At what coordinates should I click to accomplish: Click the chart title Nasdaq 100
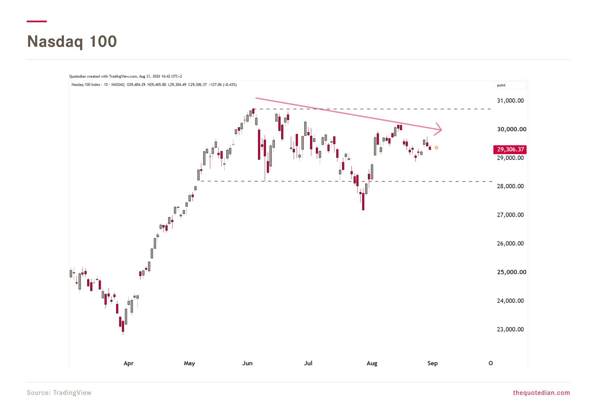point(72,41)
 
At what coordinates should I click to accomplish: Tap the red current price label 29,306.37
point(510,150)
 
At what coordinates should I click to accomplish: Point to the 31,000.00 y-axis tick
point(510,101)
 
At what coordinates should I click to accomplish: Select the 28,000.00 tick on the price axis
point(510,186)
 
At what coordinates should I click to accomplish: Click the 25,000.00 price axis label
point(512,272)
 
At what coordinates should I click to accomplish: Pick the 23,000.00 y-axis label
point(510,329)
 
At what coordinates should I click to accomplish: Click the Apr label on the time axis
point(129,363)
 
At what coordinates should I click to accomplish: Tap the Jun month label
point(247,363)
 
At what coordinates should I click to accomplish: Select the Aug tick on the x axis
point(372,363)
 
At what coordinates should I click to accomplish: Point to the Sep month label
point(433,363)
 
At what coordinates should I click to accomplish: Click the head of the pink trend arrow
point(441,129)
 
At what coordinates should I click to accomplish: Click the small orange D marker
point(436,148)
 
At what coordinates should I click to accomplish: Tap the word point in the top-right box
point(501,85)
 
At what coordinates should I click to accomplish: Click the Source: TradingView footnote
point(59,393)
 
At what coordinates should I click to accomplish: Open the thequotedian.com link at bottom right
point(541,393)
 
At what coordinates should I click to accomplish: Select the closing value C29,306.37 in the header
point(197,85)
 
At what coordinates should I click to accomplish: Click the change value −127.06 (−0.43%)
point(223,85)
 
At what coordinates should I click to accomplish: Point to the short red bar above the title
point(37,21)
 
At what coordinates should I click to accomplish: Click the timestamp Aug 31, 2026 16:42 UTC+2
point(161,76)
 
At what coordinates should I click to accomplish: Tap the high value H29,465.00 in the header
point(157,85)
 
